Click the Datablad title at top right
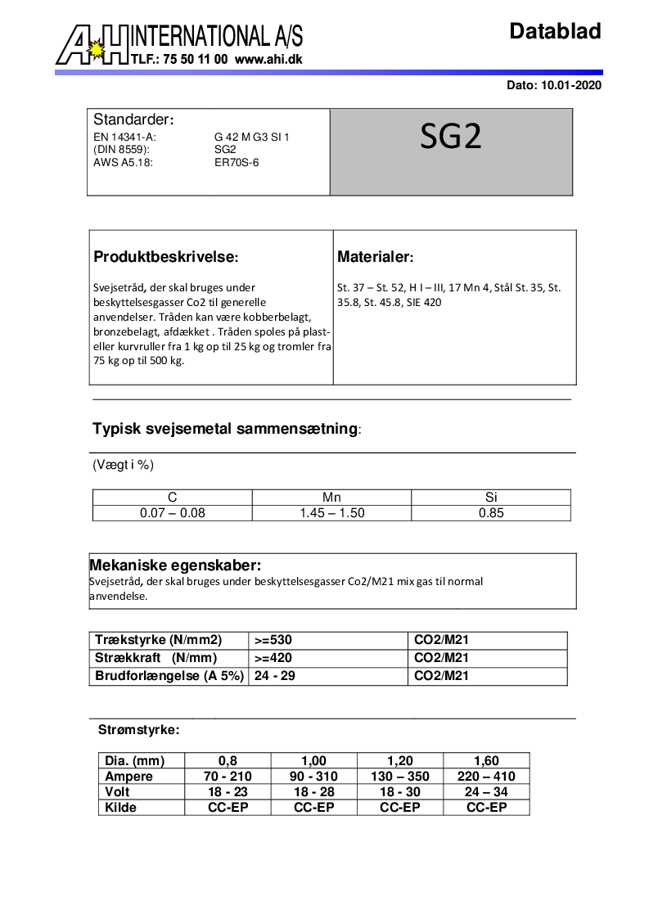coord(555,32)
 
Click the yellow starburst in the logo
coord(97,51)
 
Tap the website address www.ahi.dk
coord(268,60)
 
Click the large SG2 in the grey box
coord(451,137)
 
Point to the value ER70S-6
coord(237,162)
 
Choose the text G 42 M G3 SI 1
coord(252,137)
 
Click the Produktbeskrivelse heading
coord(165,257)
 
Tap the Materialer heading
coord(376,257)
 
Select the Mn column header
coord(331,497)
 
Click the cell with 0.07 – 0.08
coord(172,513)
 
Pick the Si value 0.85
coord(491,513)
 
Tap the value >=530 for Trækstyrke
coord(272,640)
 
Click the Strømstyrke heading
coord(138,729)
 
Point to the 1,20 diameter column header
coord(400,760)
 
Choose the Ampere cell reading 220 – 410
coord(486,776)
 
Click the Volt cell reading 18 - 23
coord(228,791)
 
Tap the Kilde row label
coord(121,807)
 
